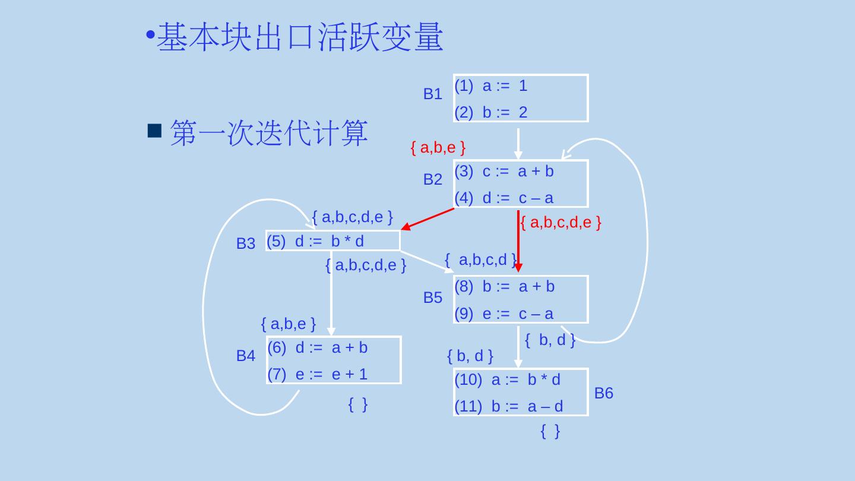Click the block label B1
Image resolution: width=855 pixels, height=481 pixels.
pos(432,94)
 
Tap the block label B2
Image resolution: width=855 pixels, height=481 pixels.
pos(432,179)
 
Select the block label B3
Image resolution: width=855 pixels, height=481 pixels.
pos(245,243)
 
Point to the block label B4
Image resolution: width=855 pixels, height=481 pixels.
pos(245,356)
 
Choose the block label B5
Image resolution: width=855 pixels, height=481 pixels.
pos(432,298)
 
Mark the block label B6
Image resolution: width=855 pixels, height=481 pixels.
pos(603,393)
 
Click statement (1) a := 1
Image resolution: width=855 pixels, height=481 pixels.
pos(491,86)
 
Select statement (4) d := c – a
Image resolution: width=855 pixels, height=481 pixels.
pos(504,198)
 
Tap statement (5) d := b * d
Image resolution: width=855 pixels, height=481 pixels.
pos(315,241)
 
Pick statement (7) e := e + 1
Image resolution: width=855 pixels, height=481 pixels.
pos(318,374)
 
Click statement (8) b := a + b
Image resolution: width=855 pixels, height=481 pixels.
pos(505,287)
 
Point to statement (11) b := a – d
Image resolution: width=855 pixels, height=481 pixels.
pos(509,406)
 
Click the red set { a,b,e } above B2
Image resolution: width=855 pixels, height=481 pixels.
pos(438,148)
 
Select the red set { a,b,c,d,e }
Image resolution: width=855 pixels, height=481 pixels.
pos(560,223)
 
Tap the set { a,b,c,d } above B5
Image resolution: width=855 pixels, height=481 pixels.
pos(480,260)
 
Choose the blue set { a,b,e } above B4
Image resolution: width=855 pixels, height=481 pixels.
pos(288,324)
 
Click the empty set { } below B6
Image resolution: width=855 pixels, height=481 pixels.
pos(550,432)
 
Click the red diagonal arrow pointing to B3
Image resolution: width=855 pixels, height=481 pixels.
pos(427,219)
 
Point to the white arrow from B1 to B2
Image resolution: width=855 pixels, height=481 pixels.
pos(518,143)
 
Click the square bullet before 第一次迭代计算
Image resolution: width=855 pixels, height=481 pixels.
pos(154,131)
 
